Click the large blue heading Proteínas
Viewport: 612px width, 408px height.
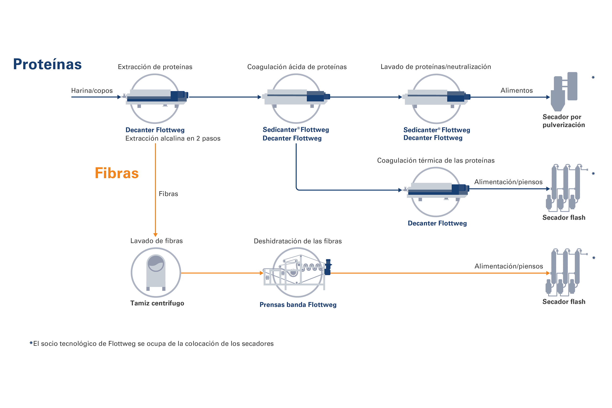(47, 64)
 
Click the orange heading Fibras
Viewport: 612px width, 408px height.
(117, 173)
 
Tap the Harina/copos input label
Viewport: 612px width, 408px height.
(92, 91)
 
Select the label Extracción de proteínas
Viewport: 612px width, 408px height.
(155, 67)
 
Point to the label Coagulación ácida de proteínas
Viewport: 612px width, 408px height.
(297, 67)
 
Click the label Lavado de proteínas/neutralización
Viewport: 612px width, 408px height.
(436, 67)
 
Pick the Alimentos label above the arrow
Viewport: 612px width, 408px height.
(516, 90)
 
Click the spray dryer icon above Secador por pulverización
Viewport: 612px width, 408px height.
(564, 91)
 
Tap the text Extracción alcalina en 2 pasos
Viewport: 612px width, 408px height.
(173, 139)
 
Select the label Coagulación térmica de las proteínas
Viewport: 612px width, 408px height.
(436, 160)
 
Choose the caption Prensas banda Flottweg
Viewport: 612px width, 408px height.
(298, 305)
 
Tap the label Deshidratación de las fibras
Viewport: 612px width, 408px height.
(298, 241)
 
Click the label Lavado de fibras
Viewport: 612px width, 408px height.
(157, 241)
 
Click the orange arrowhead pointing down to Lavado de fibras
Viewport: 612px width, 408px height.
(155, 235)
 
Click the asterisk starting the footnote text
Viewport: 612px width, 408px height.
(31, 343)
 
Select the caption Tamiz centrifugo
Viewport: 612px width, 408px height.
(157, 303)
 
